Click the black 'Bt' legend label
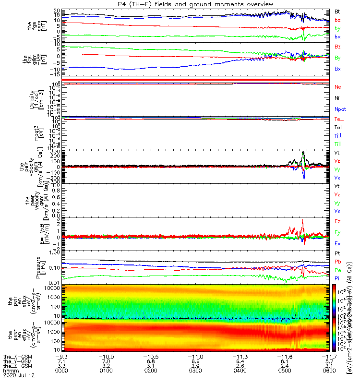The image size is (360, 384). tap(337, 11)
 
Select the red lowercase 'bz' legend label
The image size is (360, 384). tap(337, 20)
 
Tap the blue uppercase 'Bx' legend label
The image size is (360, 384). tap(337, 69)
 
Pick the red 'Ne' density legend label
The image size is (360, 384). tap(337, 87)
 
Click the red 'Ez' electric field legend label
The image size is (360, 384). tap(337, 221)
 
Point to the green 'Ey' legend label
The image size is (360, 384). tap(337, 232)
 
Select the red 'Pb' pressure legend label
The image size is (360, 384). tap(337, 262)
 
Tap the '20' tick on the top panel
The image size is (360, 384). tap(57, 11)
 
